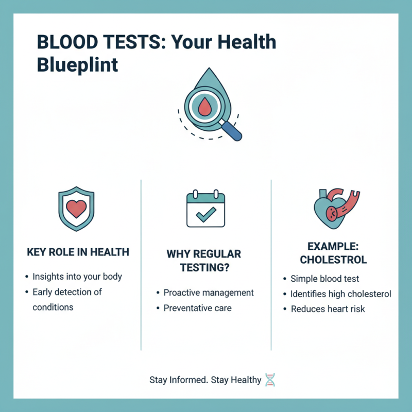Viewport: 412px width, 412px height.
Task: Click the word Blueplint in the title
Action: pyautogui.click(x=77, y=66)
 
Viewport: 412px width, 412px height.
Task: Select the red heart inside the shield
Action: pyautogui.click(x=76, y=208)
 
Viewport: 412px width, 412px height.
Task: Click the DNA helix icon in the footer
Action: pyautogui.click(x=270, y=380)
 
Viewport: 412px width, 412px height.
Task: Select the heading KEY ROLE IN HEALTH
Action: pyautogui.click(x=77, y=252)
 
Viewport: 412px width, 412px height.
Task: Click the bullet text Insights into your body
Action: pyautogui.click(x=77, y=277)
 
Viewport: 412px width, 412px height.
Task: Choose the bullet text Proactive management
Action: pyautogui.click(x=209, y=293)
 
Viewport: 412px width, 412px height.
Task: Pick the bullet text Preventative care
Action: pyautogui.click(x=198, y=308)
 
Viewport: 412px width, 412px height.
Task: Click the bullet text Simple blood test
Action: pyautogui.click(x=325, y=279)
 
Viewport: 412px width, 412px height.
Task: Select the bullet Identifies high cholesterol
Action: pyautogui.click(x=341, y=294)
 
